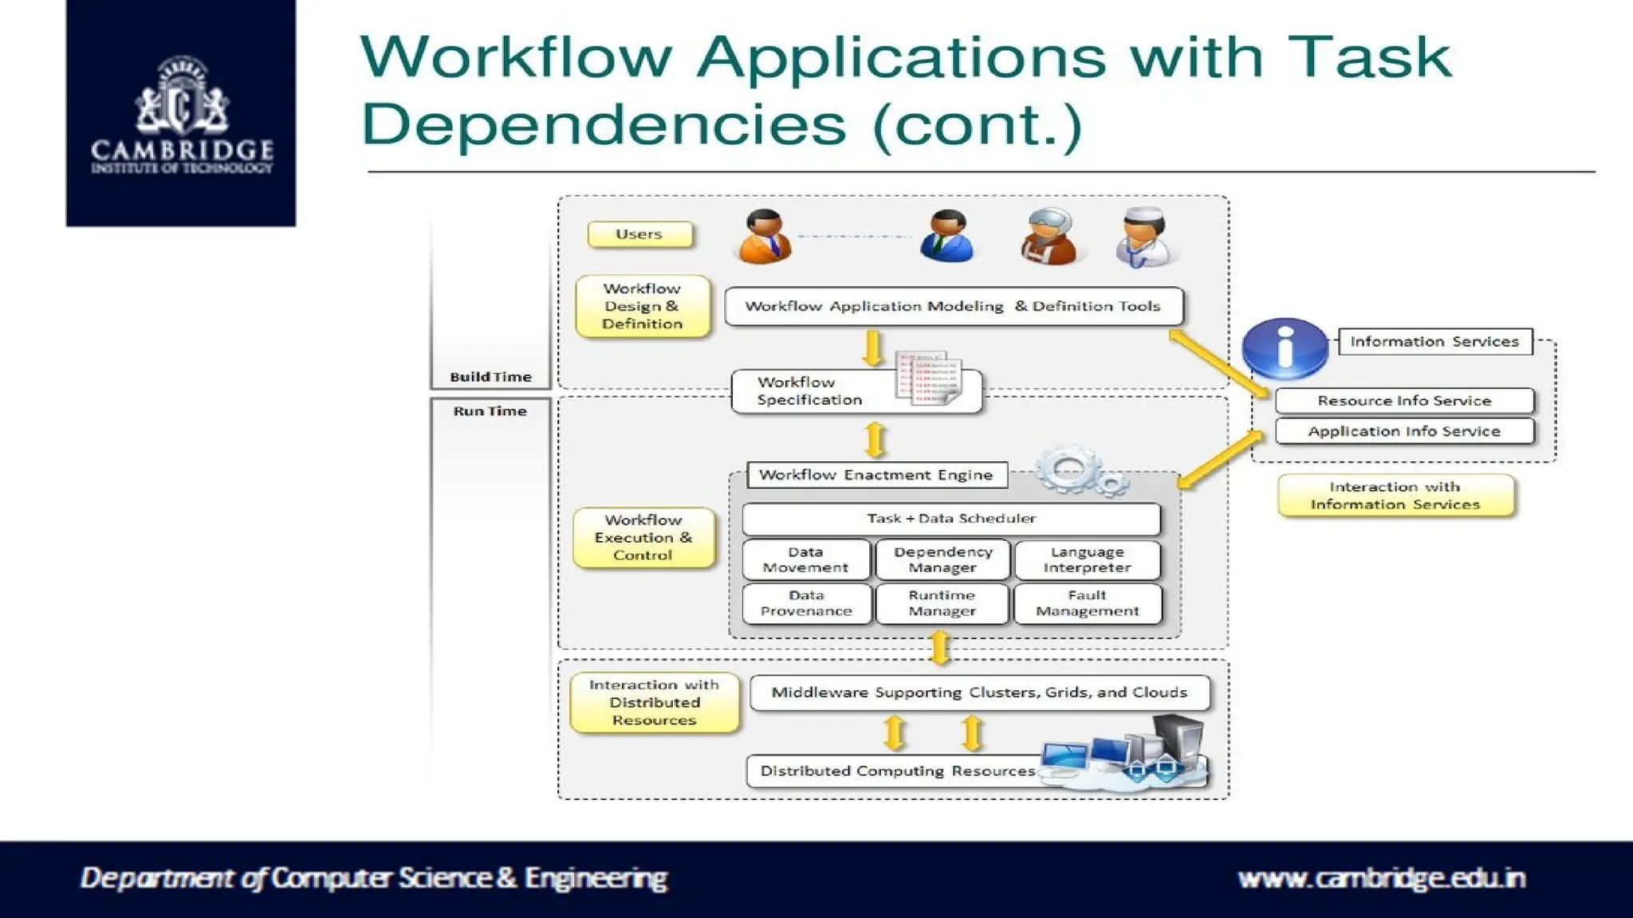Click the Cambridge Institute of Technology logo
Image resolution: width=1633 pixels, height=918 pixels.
[181, 113]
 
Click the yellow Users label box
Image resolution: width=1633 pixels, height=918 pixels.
[639, 234]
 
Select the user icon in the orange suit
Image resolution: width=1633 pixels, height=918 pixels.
[765, 237]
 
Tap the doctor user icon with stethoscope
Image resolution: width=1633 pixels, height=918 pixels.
[1143, 237]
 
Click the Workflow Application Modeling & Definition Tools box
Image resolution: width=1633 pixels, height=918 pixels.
[953, 306]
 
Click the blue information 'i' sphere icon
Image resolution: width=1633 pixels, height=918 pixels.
[1285, 348]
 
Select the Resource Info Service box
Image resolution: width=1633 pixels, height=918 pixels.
[1403, 401]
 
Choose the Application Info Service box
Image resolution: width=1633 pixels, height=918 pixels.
[1403, 431]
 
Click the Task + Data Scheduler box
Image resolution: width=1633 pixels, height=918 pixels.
[950, 519]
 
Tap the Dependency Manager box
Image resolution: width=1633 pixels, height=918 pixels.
[942, 559]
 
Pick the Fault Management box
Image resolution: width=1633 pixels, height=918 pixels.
[1087, 603]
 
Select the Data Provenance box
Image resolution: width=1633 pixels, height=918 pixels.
[806, 603]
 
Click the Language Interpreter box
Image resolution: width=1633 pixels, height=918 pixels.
[1087, 559]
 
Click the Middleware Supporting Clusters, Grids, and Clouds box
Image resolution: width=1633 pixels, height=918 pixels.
[979, 692]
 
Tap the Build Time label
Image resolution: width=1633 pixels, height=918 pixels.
[490, 377]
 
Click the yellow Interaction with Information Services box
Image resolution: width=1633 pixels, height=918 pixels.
[1395, 496]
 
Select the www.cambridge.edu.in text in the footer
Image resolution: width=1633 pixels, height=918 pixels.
[1381, 878]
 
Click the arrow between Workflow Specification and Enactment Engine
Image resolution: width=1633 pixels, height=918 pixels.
[876, 439]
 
